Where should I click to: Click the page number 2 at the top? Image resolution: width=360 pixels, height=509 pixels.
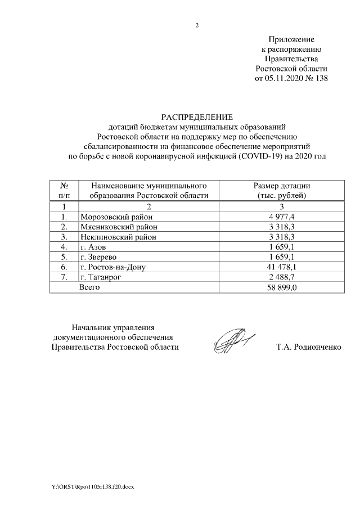(197, 25)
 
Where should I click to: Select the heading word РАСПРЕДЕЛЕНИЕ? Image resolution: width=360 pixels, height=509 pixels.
(197, 117)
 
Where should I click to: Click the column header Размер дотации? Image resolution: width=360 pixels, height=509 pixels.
(282, 186)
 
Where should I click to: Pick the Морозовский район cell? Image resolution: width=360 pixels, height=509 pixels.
(116, 217)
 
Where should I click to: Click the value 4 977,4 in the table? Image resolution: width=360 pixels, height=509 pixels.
(282, 217)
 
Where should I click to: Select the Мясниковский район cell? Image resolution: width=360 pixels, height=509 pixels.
(119, 227)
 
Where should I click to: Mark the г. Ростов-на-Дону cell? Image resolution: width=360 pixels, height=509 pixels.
(113, 267)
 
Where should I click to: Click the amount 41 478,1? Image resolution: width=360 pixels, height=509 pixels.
(282, 267)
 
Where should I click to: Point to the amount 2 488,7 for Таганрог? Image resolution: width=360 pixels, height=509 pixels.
(282, 277)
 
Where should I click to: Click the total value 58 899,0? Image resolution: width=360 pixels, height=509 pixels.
(282, 287)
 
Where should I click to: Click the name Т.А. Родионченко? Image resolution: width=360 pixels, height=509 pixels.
(309, 347)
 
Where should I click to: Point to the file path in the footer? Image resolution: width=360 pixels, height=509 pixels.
(93, 485)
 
